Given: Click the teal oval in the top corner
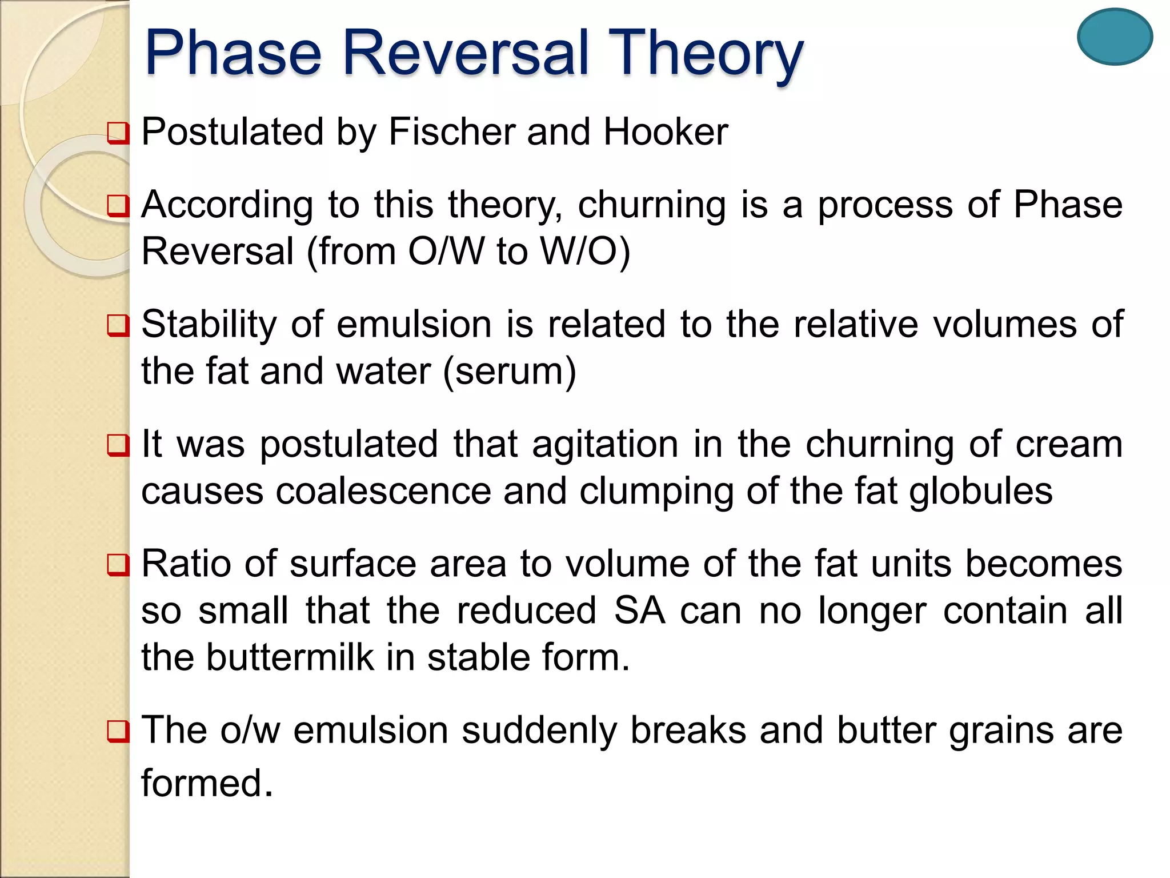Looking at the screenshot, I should click(1115, 37).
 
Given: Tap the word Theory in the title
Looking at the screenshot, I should click(705, 54).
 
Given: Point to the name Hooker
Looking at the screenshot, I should click(666, 131).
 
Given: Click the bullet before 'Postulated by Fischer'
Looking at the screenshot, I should click(118, 133).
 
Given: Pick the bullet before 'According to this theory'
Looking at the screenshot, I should click(118, 205).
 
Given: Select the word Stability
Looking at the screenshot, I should click(209, 325).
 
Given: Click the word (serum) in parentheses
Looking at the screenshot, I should click(509, 372).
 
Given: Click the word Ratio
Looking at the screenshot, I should click(186, 564).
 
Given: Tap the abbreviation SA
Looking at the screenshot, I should click(639, 610).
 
